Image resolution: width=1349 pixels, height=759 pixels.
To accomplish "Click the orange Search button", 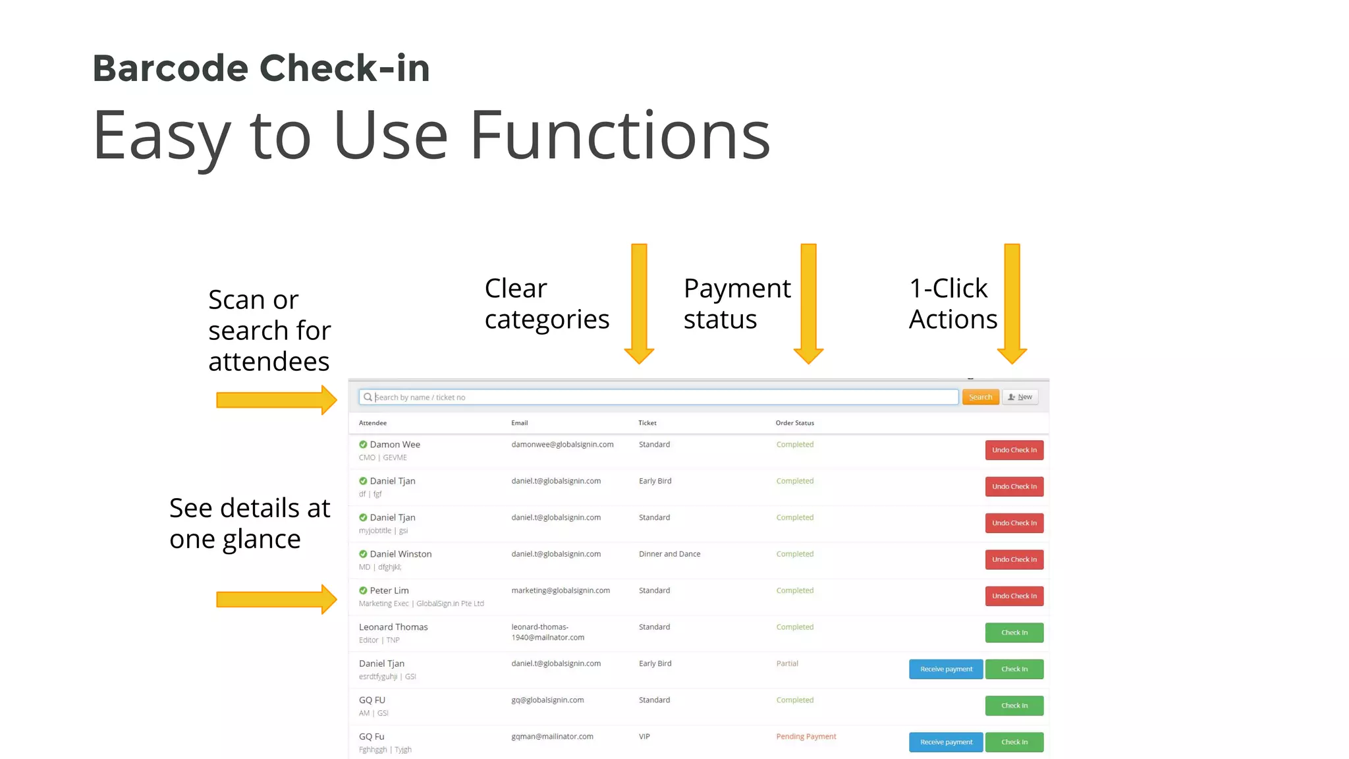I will point(980,397).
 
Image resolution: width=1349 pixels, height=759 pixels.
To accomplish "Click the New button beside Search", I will point(1020,397).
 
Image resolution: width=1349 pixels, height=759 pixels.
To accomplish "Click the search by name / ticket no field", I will point(659,397).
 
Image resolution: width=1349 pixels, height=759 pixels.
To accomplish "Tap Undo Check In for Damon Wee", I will point(1014,450).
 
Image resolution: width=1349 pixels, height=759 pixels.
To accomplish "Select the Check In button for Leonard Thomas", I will point(1014,632).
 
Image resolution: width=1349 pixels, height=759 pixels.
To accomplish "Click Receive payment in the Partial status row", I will point(946,669).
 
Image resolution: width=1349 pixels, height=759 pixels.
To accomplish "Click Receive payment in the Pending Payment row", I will point(946,742).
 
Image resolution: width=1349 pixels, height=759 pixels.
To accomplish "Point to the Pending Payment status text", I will point(806,737).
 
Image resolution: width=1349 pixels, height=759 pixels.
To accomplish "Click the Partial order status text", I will point(787,663).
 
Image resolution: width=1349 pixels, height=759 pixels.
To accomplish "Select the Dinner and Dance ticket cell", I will point(669,554).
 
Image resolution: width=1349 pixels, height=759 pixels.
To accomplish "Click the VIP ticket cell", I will point(644,737).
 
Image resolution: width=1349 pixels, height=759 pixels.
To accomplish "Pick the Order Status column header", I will point(794,423).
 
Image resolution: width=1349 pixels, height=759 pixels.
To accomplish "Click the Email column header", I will point(519,423).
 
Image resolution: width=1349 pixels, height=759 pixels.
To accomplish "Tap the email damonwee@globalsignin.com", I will point(562,445).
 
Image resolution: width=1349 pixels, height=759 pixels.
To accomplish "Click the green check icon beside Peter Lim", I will point(363,591).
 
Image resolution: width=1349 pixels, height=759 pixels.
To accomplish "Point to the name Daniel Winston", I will point(400,554).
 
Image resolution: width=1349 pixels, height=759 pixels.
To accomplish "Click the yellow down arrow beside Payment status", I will point(808,303).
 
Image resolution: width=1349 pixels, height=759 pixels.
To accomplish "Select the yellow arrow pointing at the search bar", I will point(276,400).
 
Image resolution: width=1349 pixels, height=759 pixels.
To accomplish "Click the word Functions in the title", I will point(619,136).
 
